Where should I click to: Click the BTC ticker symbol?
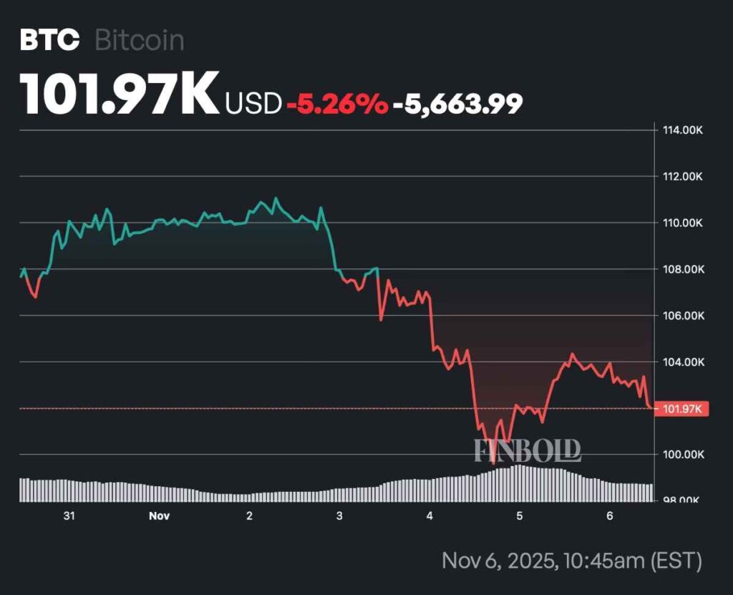pos(49,40)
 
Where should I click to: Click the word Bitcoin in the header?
pos(139,40)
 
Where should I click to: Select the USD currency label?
pos(253,104)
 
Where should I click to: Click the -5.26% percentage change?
pos(337,104)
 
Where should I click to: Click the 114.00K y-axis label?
pos(681,130)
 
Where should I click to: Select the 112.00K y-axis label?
pos(681,177)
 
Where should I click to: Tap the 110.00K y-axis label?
pos(681,223)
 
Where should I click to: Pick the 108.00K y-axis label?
pos(681,269)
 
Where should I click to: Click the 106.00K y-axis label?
pos(681,316)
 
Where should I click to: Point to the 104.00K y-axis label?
pos(681,362)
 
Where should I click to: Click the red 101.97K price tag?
pos(681,409)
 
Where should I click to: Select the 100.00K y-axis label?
pos(681,455)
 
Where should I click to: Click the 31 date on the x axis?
pos(69,516)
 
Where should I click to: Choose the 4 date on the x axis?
pos(429,516)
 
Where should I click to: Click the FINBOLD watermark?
pos(528,450)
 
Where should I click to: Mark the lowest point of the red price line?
pos(492,463)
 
